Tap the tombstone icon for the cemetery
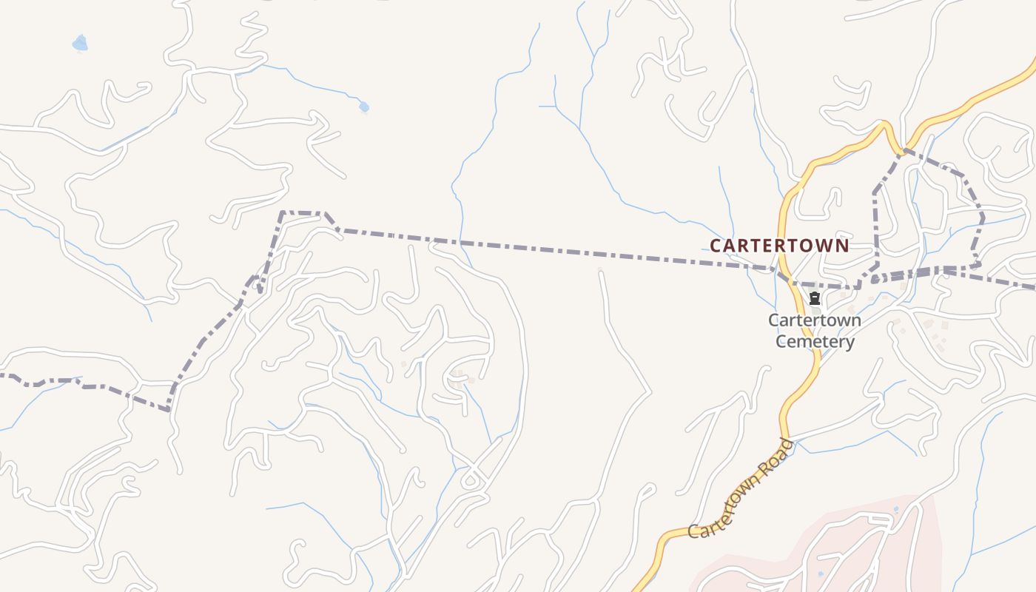(x=815, y=299)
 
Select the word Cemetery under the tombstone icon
(x=815, y=342)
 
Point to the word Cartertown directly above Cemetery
(x=815, y=320)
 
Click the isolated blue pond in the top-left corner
(x=79, y=44)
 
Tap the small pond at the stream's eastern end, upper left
(x=364, y=107)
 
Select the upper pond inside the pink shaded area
(x=896, y=510)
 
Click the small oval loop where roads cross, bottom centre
(x=470, y=482)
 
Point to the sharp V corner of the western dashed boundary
(x=169, y=408)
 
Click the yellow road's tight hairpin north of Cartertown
(x=885, y=126)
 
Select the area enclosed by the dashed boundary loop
(x=925, y=222)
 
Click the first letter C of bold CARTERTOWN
(x=716, y=246)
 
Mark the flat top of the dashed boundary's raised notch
(x=302, y=213)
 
